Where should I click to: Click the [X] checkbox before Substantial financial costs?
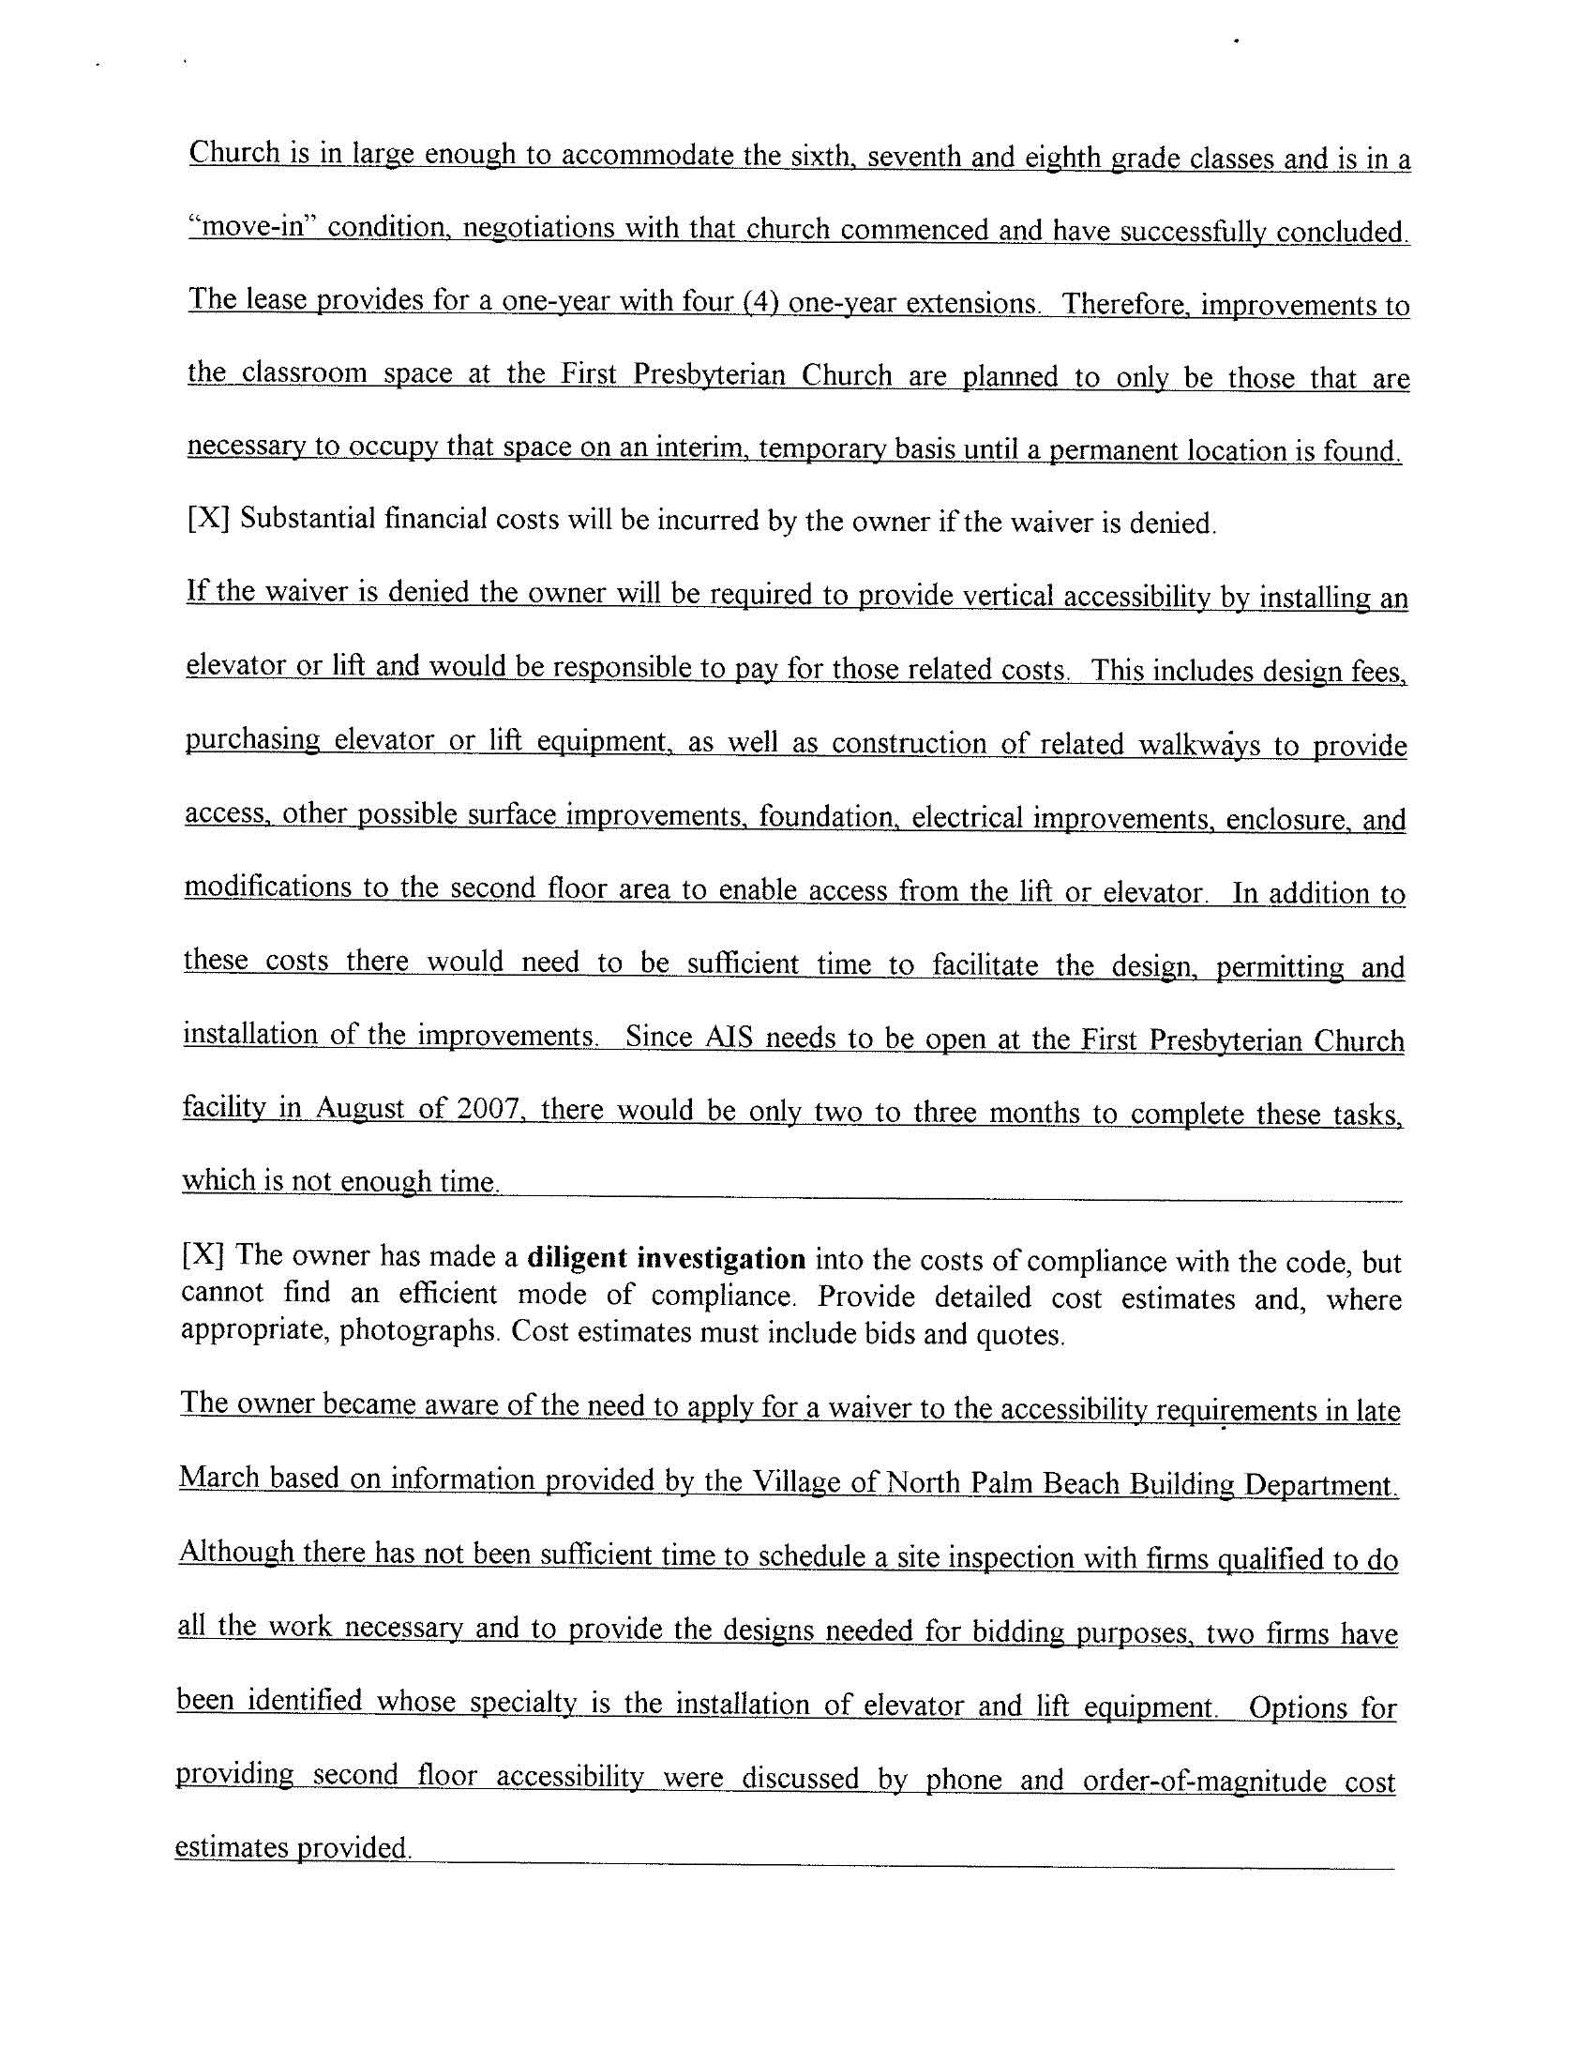click(209, 519)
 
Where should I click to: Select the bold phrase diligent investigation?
click(666, 1258)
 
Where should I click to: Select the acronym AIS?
click(728, 1038)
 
